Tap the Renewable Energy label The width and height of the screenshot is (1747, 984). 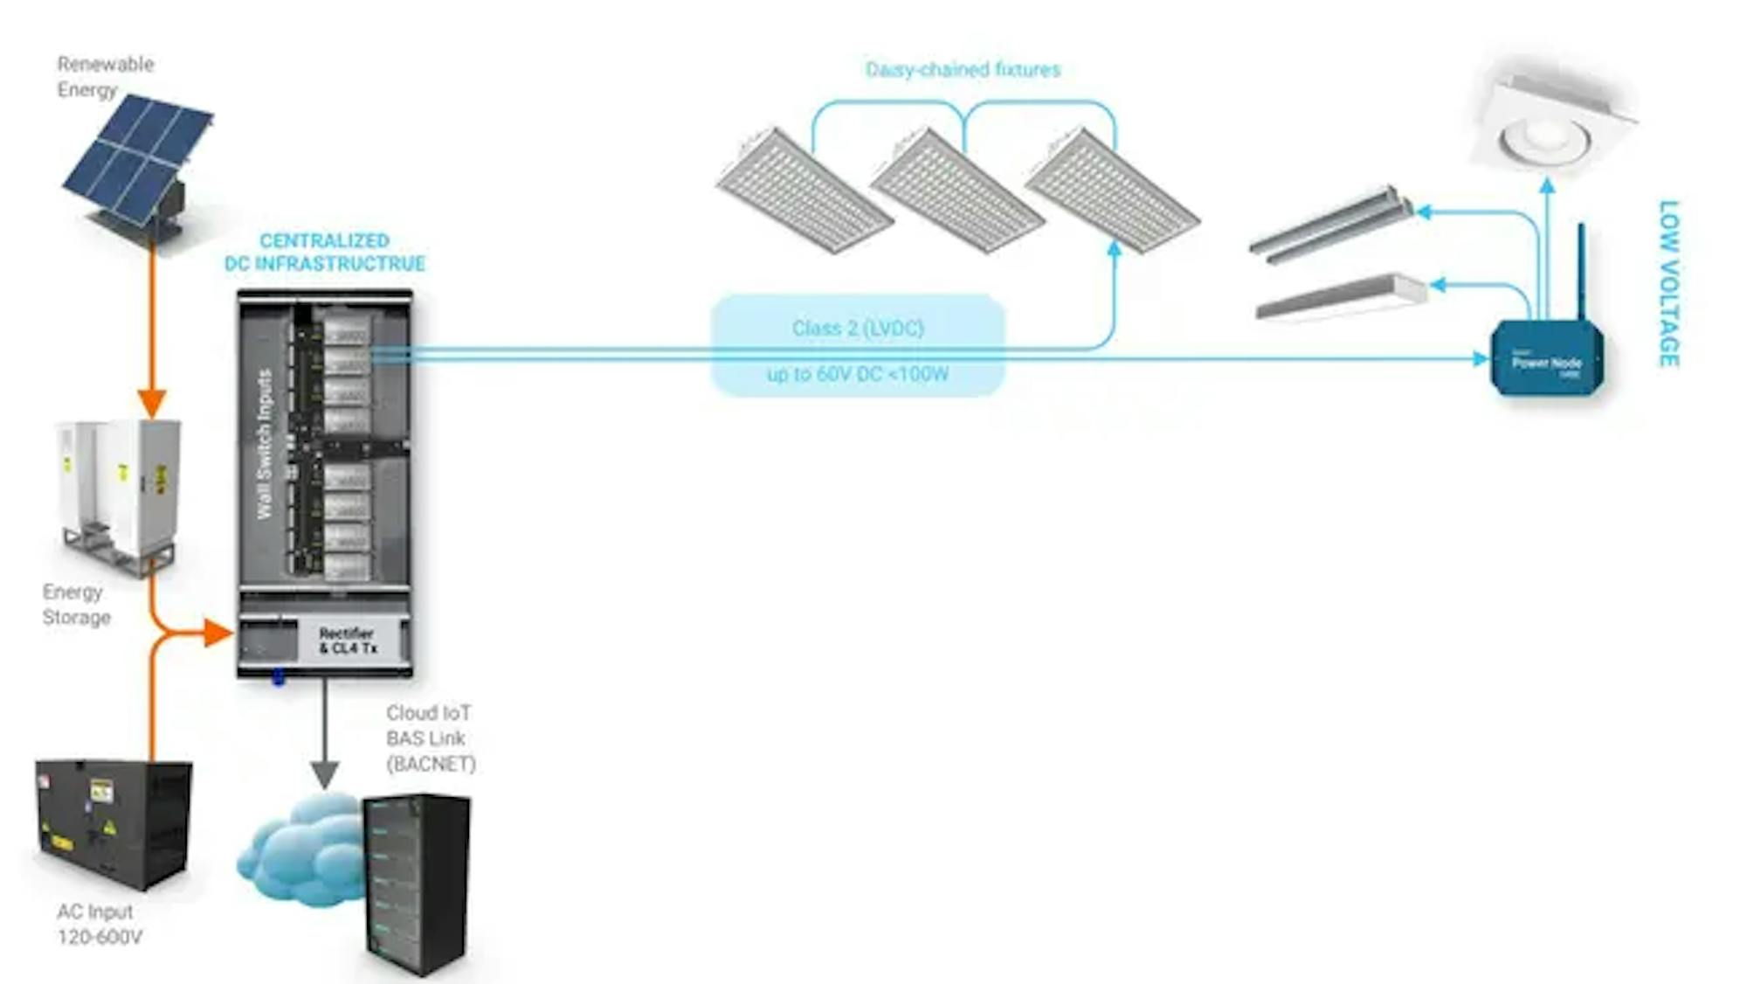tap(105, 77)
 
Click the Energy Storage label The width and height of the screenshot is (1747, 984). tap(77, 605)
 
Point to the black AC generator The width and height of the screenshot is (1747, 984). tap(114, 823)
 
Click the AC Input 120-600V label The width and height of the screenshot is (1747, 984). tap(98, 925)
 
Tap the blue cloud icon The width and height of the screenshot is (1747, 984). tap(297, 852)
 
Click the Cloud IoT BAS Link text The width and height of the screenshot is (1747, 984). tap(430, 738)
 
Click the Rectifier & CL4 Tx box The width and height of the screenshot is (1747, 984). tap(348, 641)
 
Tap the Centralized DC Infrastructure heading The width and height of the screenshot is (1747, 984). tap(324, 252)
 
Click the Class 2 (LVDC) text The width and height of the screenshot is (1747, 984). tap(858, 329)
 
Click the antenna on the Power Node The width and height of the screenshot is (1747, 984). tap(1581, 271)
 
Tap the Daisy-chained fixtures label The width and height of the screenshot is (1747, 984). tap(963, 70)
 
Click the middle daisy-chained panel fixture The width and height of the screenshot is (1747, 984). tap(957, 191)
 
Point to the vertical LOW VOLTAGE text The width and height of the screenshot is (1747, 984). tap(1668, 284)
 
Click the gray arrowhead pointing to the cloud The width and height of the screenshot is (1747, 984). tap(325, 773)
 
